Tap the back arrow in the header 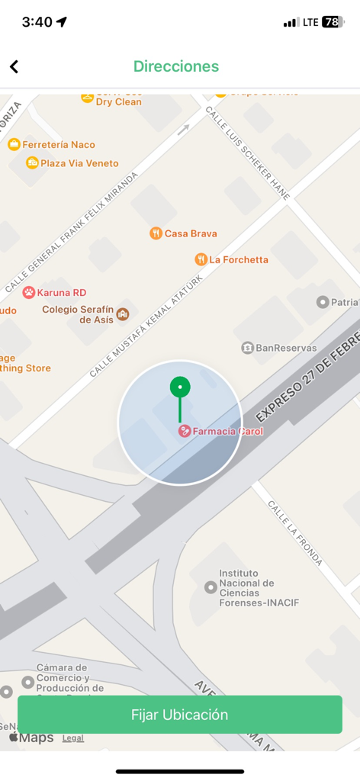point(14,67)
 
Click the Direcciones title point(176,66)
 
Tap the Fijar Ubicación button point(180,715)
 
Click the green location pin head point(180,387)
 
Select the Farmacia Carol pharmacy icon point(185,431)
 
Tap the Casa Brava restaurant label point(190,233)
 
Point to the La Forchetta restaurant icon point(201,259)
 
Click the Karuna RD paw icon point(29,292)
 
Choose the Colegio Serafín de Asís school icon point(122,313)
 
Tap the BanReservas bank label point(285,348)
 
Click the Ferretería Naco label point(58,144)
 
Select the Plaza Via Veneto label point(79,163)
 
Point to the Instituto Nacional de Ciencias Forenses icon point(211,587)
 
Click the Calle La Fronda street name point(294,533)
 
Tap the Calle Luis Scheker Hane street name point(248,153)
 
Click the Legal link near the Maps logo point(73,738)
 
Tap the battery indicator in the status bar point(333,22)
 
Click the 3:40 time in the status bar point(37,22)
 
